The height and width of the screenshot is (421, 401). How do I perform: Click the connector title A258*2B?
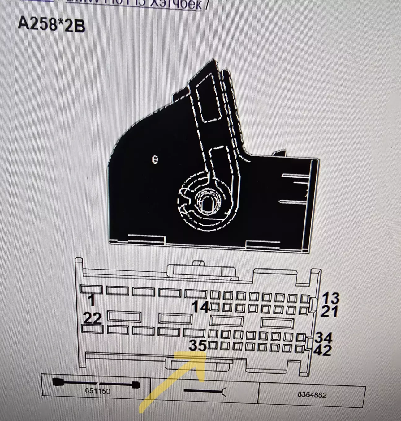pos(51,24)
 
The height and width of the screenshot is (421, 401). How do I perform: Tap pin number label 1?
pos(91,300)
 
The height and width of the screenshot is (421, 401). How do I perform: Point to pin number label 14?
pos(200,307)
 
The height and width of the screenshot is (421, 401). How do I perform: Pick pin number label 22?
pos(93,318)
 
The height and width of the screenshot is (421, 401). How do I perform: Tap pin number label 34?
pos(324,338)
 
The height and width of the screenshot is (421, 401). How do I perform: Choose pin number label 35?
pos(198,346)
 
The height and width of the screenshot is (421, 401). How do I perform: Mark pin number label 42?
pos(322,351)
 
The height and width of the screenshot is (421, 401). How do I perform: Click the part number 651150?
pos(97,391)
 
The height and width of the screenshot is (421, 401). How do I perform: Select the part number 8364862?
pos(312,395)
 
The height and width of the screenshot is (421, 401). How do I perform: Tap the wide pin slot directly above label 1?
pos(91,290)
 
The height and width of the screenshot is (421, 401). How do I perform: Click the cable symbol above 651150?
pos(96,384)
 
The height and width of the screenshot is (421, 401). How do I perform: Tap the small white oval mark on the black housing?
pos(155,159)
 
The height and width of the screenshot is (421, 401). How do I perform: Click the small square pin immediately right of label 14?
pos(214,307)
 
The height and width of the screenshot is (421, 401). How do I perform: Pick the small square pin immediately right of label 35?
pos(213,346)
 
